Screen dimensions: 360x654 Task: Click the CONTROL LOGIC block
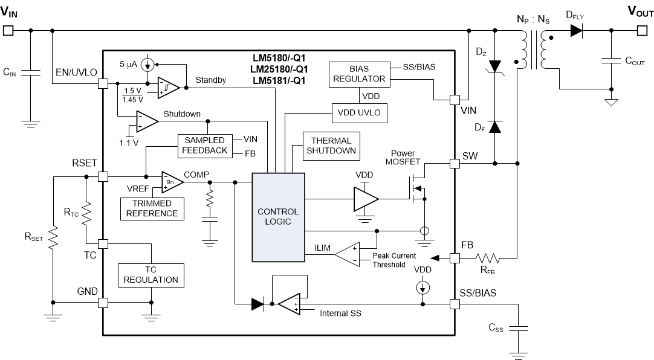(278, 216)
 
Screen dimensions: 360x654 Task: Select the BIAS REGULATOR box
(358, 73)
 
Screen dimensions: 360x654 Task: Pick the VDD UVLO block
(358, 112)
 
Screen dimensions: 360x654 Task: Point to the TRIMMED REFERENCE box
(152, 208)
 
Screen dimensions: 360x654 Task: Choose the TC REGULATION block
(151, 275)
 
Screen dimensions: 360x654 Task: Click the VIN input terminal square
(8, 30)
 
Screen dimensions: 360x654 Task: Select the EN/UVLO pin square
(103, 86)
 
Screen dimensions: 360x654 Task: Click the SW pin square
(455, 163)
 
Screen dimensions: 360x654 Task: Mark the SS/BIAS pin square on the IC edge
(455, 303)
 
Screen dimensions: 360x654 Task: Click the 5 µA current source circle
(146, 64)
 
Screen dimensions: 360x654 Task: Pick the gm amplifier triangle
(172, 182)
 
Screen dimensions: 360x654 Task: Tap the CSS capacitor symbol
(518, 329)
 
